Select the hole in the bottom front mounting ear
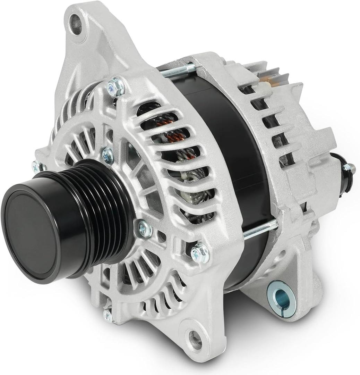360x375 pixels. point(195,339)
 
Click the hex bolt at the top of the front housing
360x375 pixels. point(116,87)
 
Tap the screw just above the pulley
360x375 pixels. point(108,156)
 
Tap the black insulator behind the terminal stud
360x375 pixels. point(343,177)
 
